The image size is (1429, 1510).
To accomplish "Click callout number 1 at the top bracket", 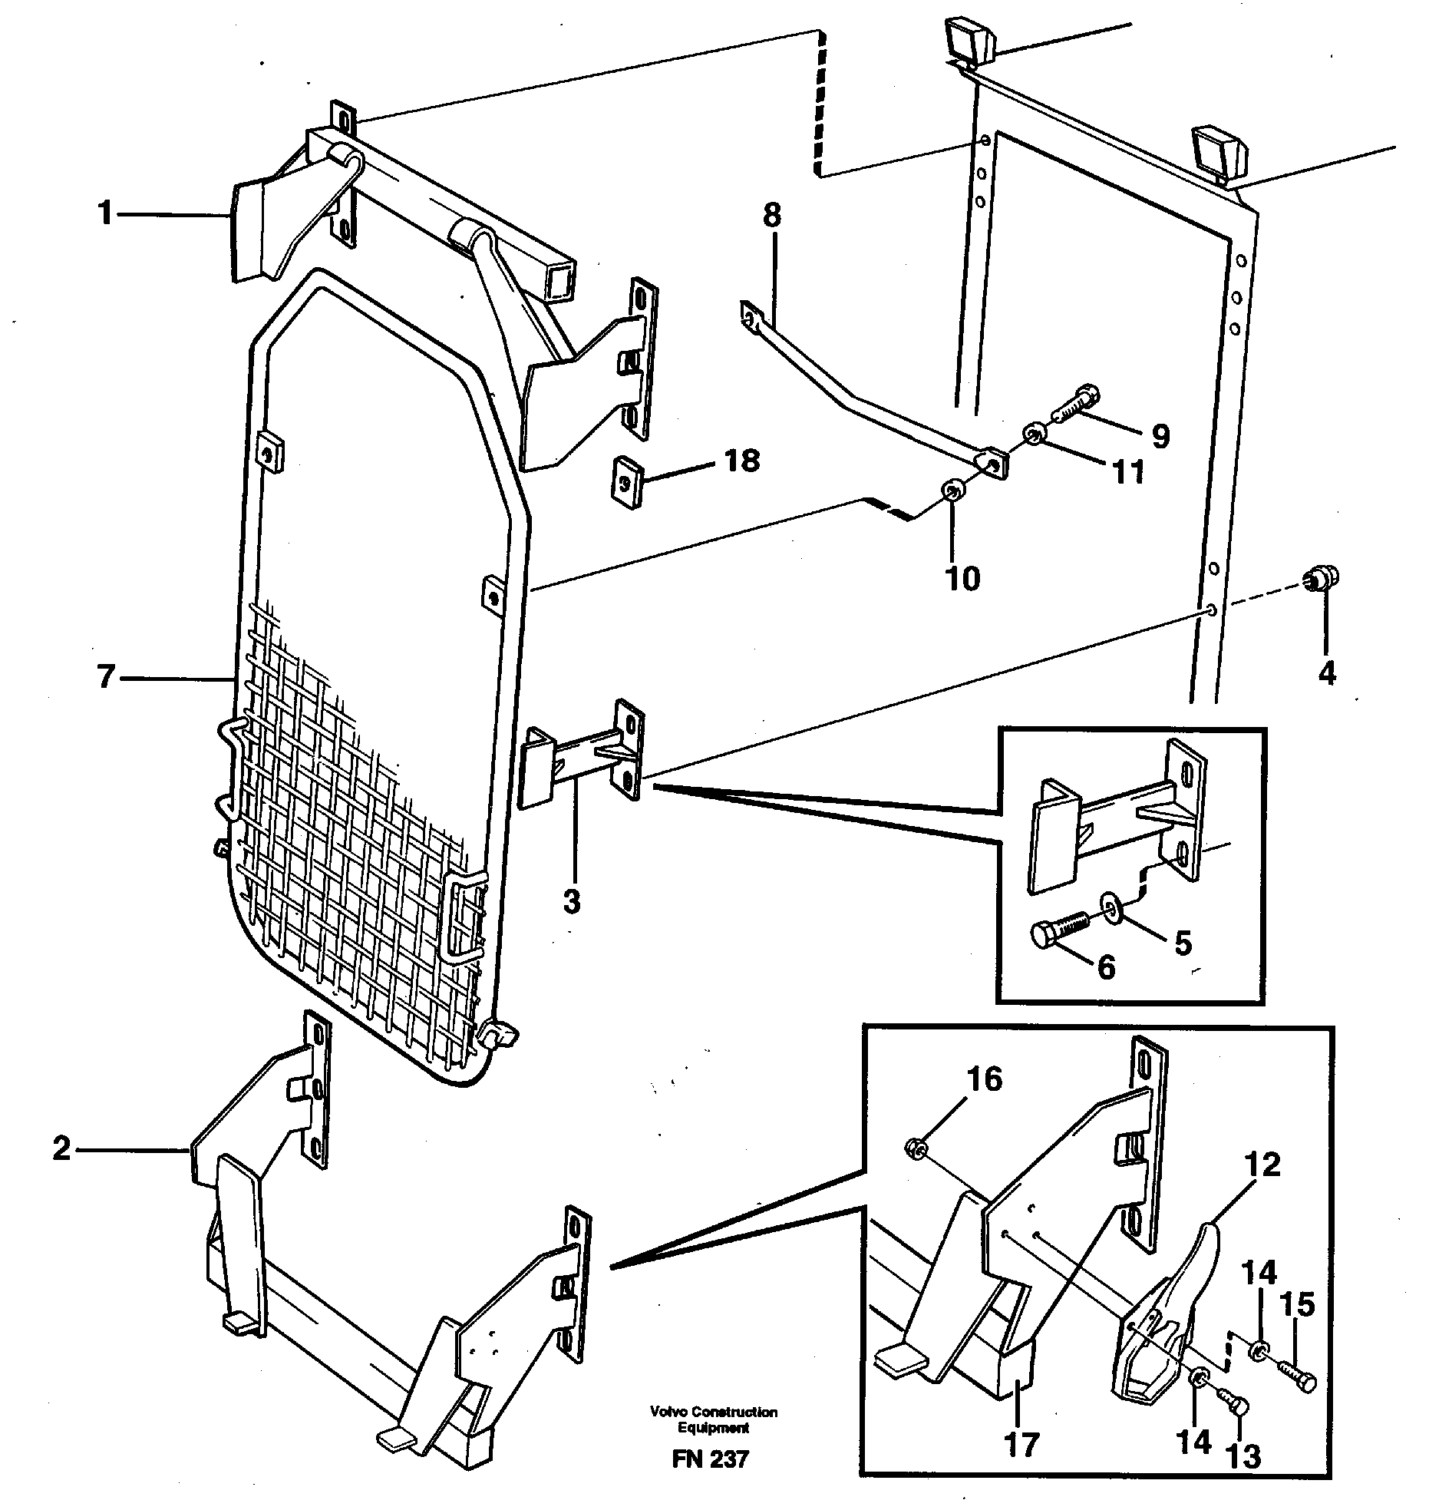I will [105, 213].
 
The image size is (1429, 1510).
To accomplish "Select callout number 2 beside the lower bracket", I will [62, 1149].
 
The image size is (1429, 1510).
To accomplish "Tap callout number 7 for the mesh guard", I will [106, 678].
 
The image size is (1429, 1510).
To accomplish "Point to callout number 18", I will [741, 461].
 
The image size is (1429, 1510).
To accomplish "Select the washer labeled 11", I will [1033, 436].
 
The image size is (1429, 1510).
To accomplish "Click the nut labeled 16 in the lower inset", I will [916, 1148].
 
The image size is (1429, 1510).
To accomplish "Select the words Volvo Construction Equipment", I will [713, 1419].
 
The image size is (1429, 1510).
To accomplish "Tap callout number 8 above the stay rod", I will [772, 216].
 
